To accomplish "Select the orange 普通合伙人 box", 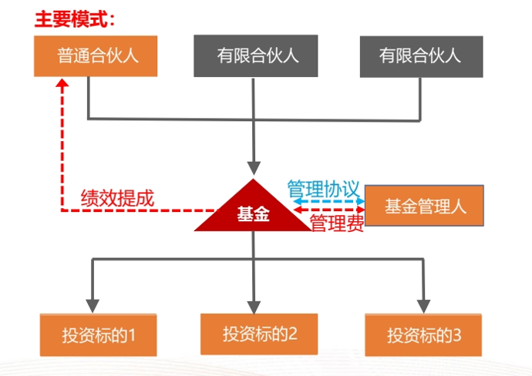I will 96,55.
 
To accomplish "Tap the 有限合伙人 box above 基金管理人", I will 420,55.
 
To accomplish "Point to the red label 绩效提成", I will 117,198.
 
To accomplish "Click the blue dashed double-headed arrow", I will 327,200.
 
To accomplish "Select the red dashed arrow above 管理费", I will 327,210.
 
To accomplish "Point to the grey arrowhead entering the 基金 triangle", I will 253,167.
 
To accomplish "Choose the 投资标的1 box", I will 98,334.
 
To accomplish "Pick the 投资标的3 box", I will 423,334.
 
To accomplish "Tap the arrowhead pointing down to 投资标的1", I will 94,302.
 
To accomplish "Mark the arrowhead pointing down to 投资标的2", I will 253,302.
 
